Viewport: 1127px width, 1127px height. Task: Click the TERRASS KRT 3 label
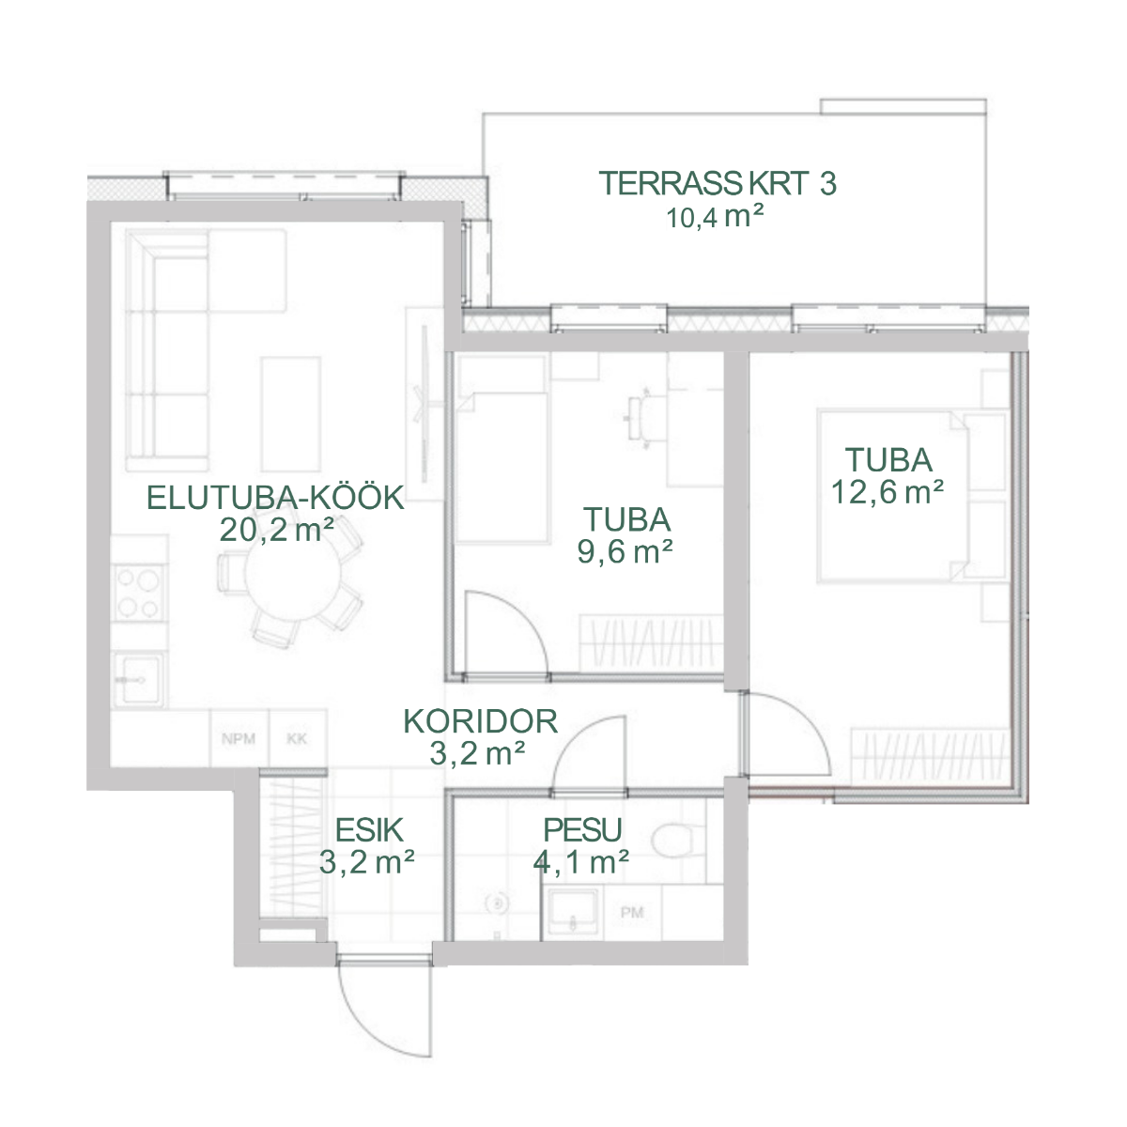[x=718, y=183]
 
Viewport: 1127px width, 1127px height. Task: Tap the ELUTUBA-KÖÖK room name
[x=275, y=498]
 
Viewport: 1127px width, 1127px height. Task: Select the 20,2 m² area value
[x=277, y=530]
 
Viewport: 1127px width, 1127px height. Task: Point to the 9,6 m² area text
[x=625, y=551]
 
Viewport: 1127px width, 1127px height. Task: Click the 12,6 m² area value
[x=888, y=492]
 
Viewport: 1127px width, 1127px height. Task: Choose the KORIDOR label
[x=480, y=721]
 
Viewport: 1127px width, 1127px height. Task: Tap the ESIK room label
[x=369, y=830]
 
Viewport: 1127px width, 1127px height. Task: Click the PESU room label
[x=582, y=830]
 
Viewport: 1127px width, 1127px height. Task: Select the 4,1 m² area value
[x=580, y=862]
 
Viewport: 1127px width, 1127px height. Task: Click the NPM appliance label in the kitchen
[x=239, y=739]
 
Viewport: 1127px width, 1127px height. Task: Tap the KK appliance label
[x=297, y=739]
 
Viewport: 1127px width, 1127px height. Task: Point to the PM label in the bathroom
[x=632, y=912]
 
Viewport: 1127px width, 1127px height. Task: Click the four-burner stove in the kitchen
[x=139, y=593]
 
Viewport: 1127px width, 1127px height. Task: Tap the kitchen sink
[x=139, y=680]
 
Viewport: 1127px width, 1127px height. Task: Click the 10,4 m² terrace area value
[x=716, y=218]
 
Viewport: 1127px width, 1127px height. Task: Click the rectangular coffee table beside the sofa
[x=290, y=414]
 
